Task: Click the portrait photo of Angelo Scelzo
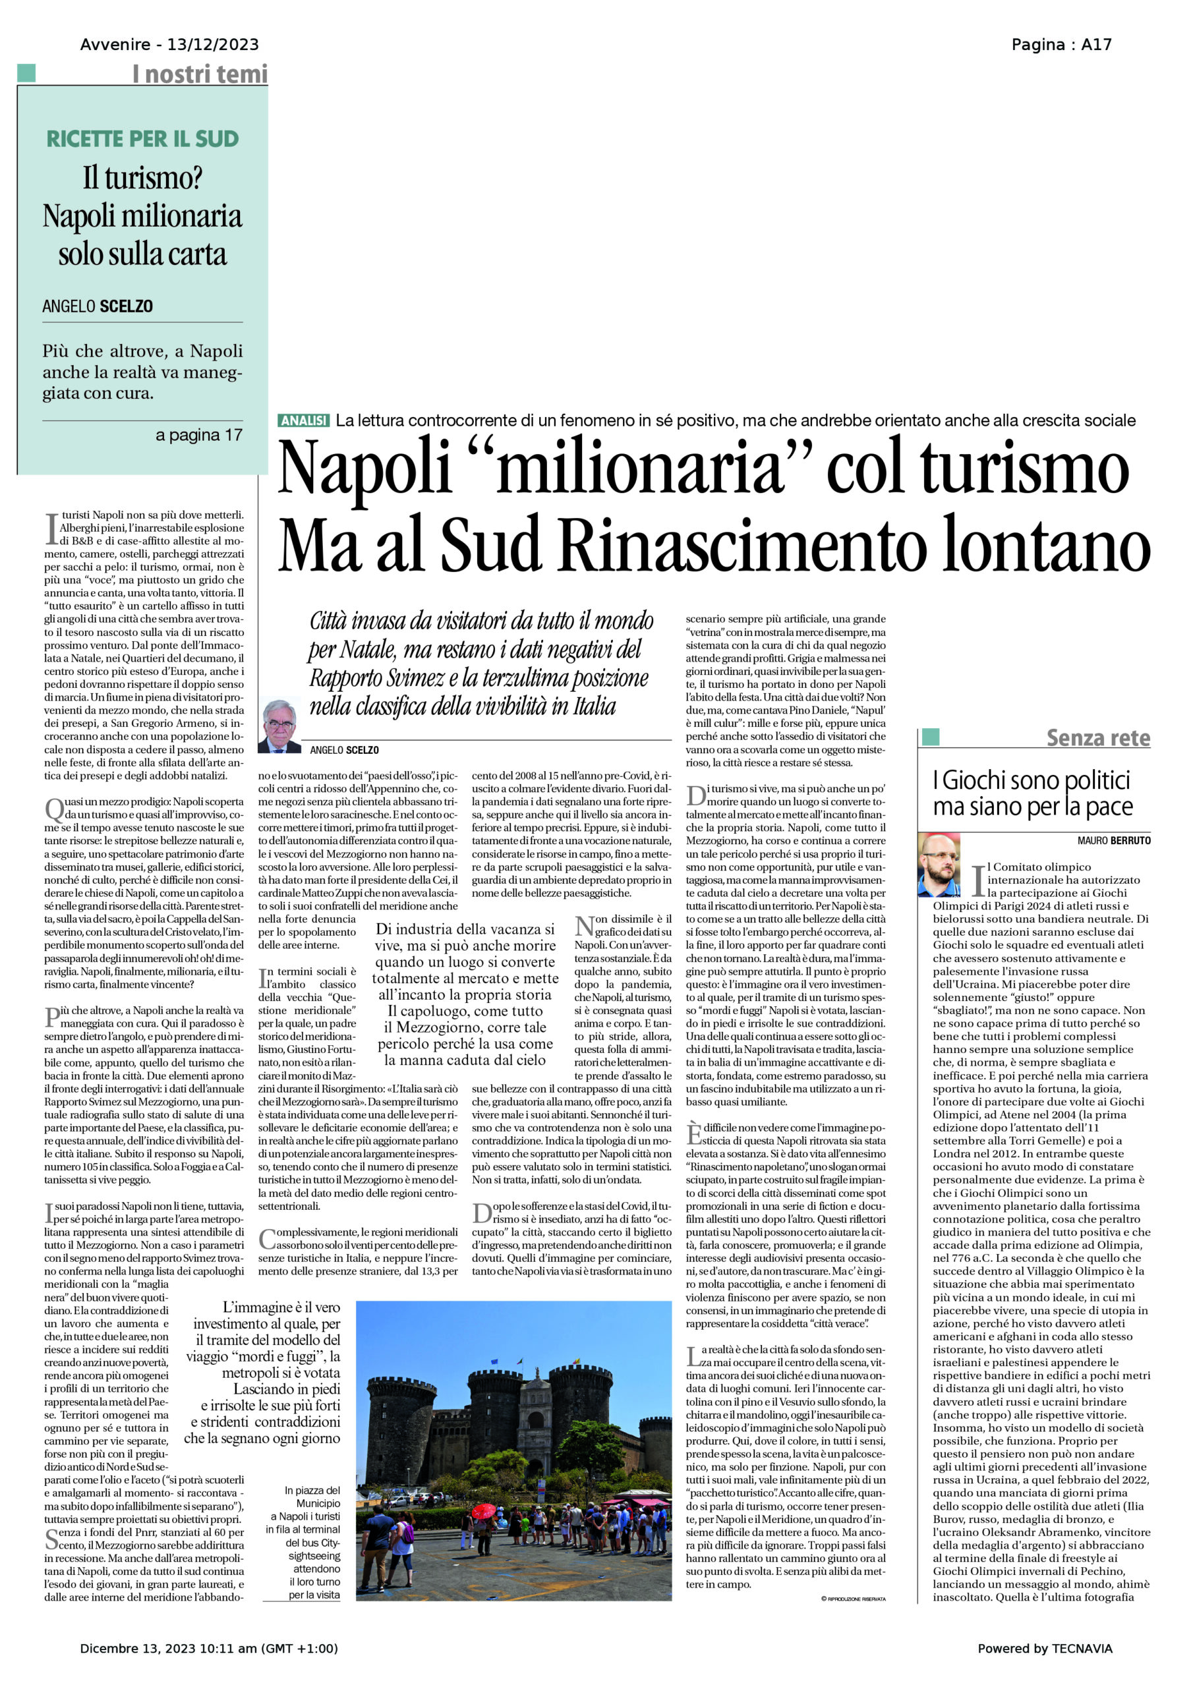[x=279, y=725]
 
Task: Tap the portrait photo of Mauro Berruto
[x=939, y=865]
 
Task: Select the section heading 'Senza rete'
[x=1097, y=737]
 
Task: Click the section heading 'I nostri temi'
[x=199, y=74]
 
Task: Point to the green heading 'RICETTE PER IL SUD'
[x=142, y=139]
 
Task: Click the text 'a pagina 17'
[x=198, y=435]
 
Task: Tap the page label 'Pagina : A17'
[x=1061, y=45]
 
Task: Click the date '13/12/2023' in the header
[x=212, y=45]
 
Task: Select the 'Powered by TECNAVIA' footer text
[x=1045, y=1648]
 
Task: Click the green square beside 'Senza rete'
[x=931, y=737]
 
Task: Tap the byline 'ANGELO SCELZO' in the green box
[x=98, y=306]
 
